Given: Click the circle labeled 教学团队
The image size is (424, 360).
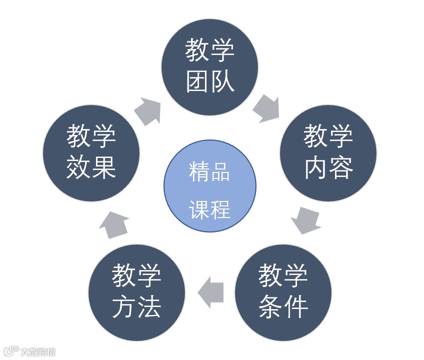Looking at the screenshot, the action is point(209,67).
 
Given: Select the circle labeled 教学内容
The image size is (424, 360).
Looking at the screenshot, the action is point(328,153).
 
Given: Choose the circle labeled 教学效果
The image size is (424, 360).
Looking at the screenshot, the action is point(91,153).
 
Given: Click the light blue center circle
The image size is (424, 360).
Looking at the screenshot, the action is point(210,186).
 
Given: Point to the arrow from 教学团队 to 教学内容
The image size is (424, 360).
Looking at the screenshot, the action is point(266,108).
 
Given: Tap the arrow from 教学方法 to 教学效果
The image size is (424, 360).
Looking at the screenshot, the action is point(114,224).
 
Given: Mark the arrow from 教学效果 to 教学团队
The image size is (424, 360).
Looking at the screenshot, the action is point(148,110).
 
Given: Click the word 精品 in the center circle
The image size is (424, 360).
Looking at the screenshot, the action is point(209,171).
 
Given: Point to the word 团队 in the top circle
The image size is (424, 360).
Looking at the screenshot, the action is point(210,81).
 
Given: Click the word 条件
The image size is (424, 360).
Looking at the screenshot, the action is point(283,307).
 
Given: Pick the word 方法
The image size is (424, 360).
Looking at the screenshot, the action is point(136,307).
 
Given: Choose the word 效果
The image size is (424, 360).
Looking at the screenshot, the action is point(91,168).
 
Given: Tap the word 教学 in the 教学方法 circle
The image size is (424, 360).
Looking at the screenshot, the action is point(136,276).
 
